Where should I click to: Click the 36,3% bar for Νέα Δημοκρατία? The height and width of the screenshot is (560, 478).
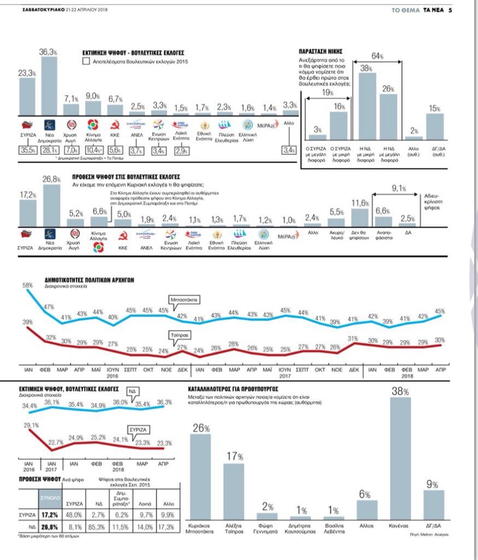(49, 84)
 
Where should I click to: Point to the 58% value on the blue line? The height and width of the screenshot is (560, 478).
(27, 285)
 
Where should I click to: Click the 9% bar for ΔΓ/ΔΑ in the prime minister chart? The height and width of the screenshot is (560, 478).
(433, 505)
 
